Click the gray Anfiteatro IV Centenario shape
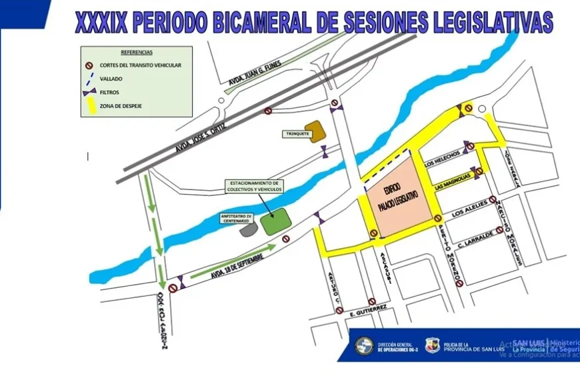coord(249,229)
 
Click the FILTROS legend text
coord(110,92)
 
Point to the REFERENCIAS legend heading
coord(137,52)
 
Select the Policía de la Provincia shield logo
coord(433,345)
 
